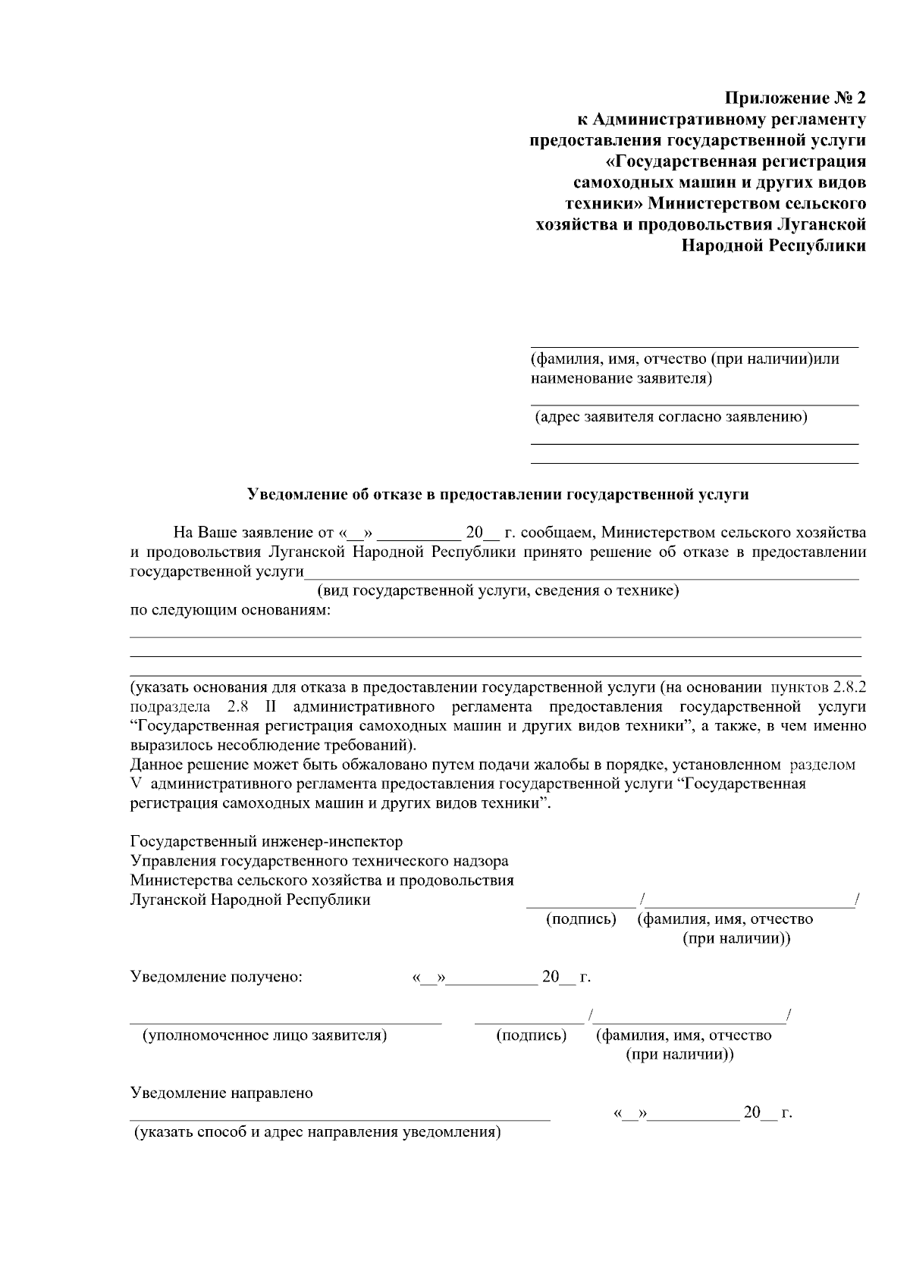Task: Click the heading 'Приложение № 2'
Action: [795, 99]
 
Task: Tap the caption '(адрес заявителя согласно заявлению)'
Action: [671, 417]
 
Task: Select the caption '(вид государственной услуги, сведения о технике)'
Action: [497, 590]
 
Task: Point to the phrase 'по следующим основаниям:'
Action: [231, 610]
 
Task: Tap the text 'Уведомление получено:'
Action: [217, 977]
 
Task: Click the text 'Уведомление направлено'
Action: [221, 1094]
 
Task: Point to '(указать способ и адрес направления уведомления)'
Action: [318, 1134]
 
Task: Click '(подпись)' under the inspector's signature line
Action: [581, 919]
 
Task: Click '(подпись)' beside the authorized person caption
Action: [531, 1036]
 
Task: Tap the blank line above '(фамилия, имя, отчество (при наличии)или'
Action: [694, 346]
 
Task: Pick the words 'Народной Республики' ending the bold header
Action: [773, 246]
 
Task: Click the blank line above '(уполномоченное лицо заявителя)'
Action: [285, 1022]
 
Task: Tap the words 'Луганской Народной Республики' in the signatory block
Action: [250, 900]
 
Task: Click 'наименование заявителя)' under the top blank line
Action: [621, 378]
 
